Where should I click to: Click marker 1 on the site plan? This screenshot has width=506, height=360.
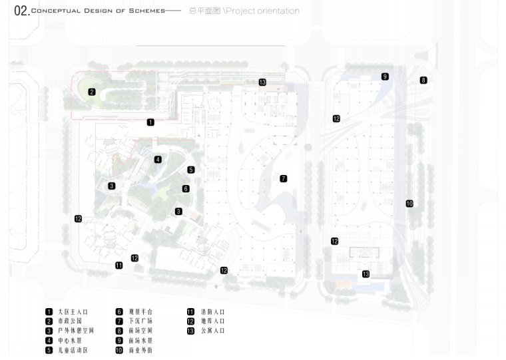(150, 122)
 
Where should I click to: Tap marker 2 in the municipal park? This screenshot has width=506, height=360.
(92, 92)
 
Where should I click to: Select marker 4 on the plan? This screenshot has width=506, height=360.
(158, 160)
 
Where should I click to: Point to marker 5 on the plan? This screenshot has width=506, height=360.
(190, 170)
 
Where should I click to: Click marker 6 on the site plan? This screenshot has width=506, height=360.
(186, 189)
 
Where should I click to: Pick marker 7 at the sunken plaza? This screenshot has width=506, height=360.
(283, 178)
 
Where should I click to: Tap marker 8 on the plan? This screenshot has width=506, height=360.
(423, 81)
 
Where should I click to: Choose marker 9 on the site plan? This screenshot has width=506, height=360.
(385, 77)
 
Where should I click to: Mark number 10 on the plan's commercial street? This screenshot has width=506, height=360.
(409, 204)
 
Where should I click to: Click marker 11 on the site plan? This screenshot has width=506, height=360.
(119, 266)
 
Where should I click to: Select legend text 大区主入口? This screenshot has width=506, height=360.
(73, 311)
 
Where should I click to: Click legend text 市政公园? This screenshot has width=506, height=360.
(69, 321)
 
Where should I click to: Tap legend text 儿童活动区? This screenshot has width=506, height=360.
(73, 350)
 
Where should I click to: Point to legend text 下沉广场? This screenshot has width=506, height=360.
(140, 321)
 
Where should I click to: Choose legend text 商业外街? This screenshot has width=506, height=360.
(140, 350)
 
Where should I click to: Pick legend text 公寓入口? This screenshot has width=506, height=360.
(212, 331)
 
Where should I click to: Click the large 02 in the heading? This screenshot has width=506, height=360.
(20, 11)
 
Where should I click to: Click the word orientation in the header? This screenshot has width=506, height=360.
(278, 11)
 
